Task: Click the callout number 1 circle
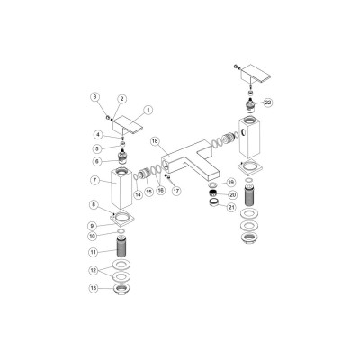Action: coord(149,110)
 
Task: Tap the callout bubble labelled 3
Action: coord(95,96)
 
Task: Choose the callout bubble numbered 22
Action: coord(268,103)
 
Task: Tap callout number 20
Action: coord(232,193)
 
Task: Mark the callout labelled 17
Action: coord(177,190)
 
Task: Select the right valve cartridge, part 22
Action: coord(248,104)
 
